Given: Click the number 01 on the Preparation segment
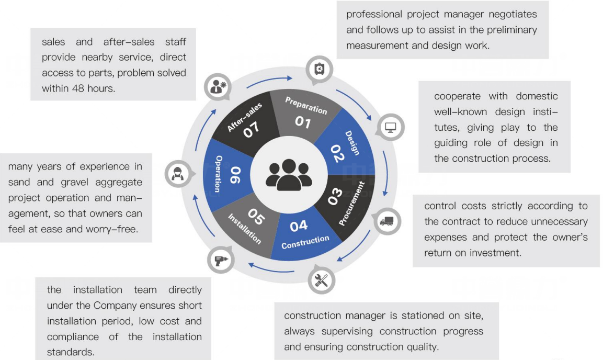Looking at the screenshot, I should (x=303, y=122).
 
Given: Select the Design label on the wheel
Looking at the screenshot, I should (x=352, y=143).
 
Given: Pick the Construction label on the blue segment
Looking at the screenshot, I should (x=305, y=242).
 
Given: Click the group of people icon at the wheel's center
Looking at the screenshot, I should (x=289, y=174).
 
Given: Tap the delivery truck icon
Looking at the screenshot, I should (x=386, y=221).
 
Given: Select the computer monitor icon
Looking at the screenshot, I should (x=391, y=127).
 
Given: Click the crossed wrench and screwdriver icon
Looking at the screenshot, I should (x=321, y=280).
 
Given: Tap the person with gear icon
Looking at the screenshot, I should (x=217, y=87).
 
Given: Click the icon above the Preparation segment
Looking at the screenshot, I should (x=319, y=69).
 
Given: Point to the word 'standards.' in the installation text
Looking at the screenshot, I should (x=71, y=352).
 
